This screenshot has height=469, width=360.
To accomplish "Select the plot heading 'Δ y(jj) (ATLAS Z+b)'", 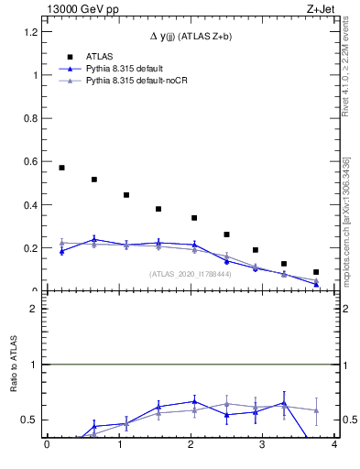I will pyautogui.click(x=191, y=36).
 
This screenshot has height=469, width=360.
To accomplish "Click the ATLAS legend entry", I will pyautogui.click(x=98, y=56).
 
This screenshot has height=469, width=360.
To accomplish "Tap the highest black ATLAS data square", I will pyautogui.click(x=61, y=168).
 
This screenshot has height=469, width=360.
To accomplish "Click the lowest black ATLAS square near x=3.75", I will pyautogui.click(x=316, y=272).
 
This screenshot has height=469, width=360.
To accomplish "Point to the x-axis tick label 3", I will pyautogui.click(x=263, y=446).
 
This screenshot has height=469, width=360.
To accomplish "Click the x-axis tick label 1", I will pyautogui.click(x=119, y=446).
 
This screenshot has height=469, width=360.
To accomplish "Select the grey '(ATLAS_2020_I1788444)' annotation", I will pyautogui.click(x=190, y=274).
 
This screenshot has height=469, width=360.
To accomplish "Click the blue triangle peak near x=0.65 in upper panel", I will pyautogui.click(x=94, y=239).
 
